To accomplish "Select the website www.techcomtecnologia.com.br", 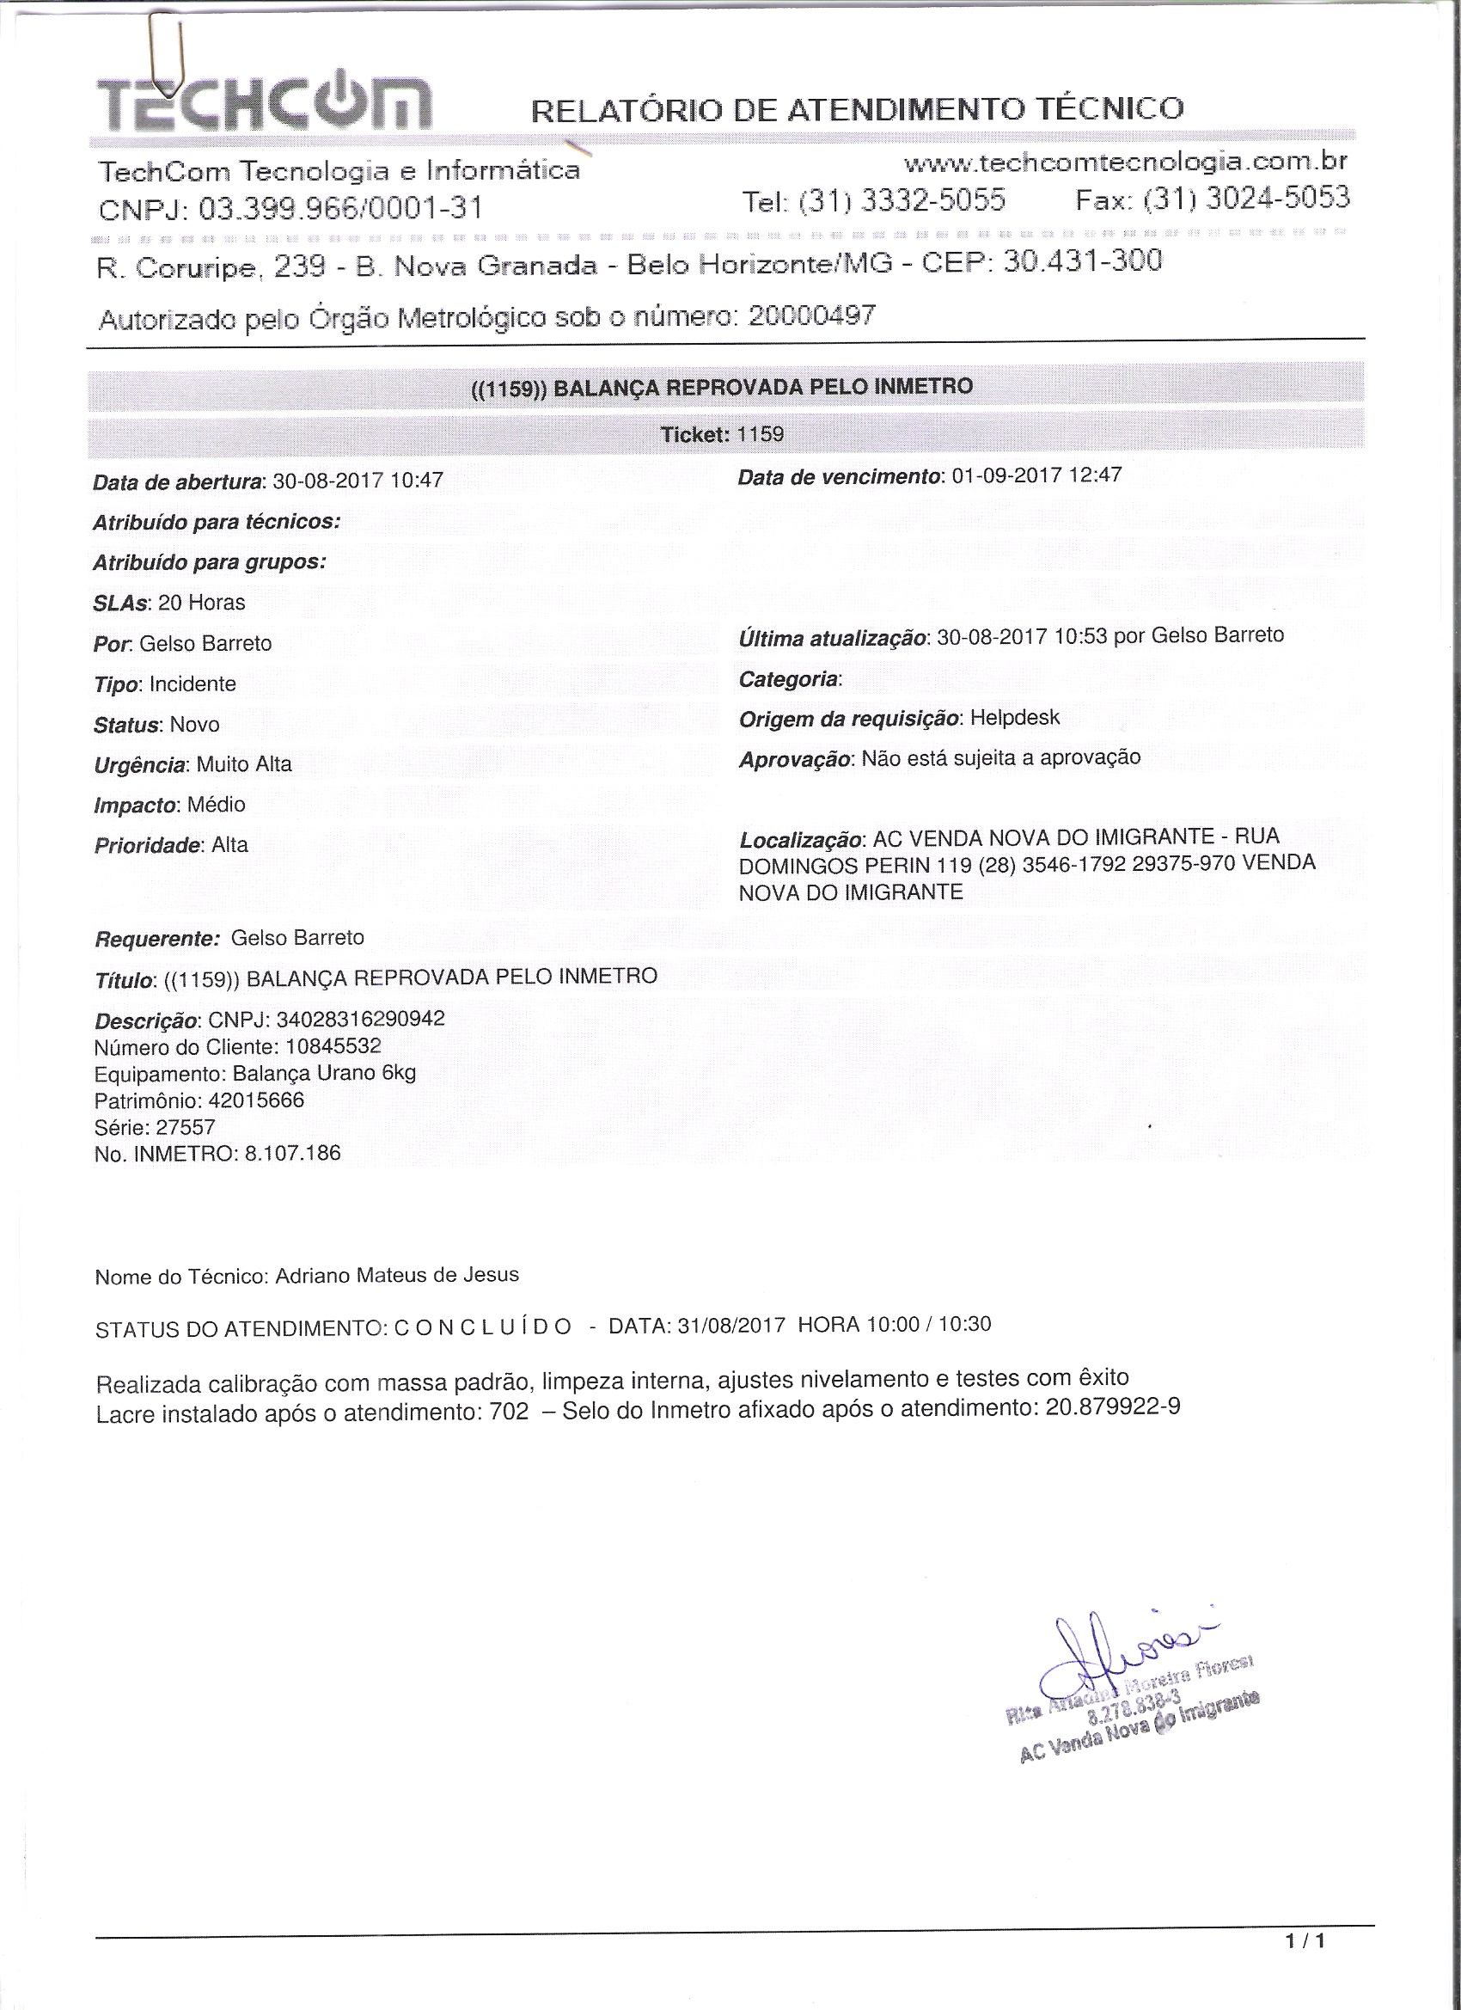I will tap(1125, 162).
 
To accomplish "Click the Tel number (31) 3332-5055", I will tap(902, 201).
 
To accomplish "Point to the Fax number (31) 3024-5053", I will tap(1245, 198).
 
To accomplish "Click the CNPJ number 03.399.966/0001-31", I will tap(341, 208).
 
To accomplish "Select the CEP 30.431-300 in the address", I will tap(1082, 260).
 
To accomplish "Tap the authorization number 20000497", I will tap(811, 315).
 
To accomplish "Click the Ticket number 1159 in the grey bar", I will tap(761, 434).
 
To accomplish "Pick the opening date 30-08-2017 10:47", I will tap(357, 481).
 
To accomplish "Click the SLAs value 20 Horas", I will tap(201, 603).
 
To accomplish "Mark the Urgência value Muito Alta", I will tap(244, 764).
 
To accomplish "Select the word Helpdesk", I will tap(1014, 717).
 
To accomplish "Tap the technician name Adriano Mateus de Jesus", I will tap(397, 1274).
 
